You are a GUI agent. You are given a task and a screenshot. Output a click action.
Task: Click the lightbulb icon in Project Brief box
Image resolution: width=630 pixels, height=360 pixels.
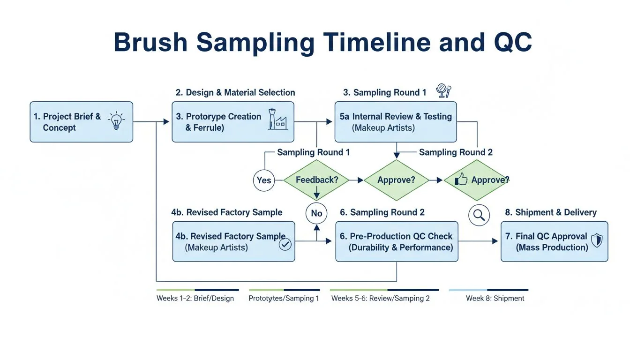(x=116, y=121)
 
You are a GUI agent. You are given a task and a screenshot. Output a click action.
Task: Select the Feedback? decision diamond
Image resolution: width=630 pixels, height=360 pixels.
(x=316, y=180)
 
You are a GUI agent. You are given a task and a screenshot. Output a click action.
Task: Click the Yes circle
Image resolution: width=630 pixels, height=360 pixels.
(x=264, y=180)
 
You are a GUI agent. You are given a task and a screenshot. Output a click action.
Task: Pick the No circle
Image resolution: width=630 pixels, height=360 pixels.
(x=316, y=213)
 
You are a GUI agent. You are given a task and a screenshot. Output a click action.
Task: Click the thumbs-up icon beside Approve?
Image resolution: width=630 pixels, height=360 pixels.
(x=461, y=180)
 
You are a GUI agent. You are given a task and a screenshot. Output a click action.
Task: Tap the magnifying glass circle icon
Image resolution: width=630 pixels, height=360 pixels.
(x=479, y=215)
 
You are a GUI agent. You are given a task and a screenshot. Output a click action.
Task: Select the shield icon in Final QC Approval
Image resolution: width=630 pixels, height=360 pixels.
(x=597, y=241)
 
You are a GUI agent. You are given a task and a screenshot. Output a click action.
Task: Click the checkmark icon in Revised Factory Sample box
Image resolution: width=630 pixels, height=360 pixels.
(x=285, y=244)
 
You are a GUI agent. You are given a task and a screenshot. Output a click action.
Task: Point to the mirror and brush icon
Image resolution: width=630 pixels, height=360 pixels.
(x=443, y=90)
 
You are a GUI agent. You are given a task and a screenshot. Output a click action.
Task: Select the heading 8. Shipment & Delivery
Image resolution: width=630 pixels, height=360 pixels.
(x=551, y=212)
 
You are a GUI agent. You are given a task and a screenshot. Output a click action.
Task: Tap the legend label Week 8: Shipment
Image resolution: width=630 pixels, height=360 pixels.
(x=495, y=298)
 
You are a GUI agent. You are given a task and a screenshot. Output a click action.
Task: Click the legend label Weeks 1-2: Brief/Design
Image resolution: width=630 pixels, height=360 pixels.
(x=195, y=298)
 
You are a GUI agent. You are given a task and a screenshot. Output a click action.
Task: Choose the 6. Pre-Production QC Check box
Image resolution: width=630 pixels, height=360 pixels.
(x=397, y=241)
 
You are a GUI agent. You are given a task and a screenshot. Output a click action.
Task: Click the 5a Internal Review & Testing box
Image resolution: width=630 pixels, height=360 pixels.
(x=395, y=122)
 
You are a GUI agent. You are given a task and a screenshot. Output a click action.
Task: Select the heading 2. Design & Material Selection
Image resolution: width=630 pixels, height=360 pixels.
(x=235, y=92)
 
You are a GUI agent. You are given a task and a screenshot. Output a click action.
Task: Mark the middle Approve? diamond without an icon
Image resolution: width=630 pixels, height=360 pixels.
(x=397, y=180)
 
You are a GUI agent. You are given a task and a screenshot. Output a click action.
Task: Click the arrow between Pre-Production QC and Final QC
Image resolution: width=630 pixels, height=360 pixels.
(x=478, y=241)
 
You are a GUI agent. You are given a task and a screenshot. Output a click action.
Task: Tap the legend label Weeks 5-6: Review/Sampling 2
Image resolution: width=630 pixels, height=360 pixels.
(x=380, y=298)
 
